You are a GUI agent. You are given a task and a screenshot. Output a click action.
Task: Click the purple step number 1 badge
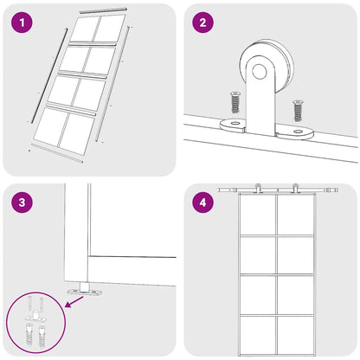[x=23, y=23]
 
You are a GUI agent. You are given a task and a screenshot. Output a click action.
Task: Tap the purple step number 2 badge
[x=203, y=23]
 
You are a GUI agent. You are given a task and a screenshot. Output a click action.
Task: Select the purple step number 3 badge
[x=23, y=203]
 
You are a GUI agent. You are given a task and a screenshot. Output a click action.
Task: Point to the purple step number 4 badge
[x=203, y=203]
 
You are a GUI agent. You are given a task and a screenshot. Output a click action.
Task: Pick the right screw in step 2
[x=298, y=110]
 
